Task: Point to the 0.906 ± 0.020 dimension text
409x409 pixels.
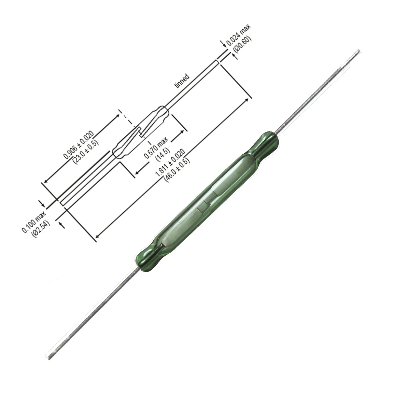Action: pyautogui.click(x=78, y=145)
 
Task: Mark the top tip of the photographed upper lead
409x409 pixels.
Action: pyautogui.click(x=358, y=51)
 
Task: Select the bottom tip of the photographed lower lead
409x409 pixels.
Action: pyautogui.click(x=49, y=358)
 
